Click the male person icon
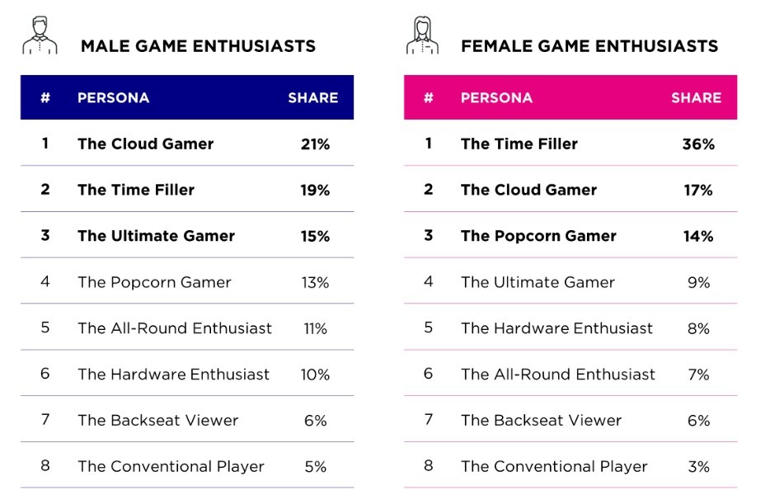40,36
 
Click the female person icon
422,36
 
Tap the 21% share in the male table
315,144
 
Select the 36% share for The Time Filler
698,144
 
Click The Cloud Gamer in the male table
145,144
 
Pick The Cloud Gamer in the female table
528,190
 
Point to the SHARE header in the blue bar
312,97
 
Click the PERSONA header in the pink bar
496,97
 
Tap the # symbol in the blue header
45,97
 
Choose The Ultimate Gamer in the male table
156,236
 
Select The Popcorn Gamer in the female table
538,236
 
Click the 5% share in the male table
315,466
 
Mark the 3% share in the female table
698,466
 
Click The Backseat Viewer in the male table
157,420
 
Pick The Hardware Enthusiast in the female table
556,328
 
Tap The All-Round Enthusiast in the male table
174,328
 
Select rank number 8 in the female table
428,465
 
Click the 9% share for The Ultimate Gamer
698,282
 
